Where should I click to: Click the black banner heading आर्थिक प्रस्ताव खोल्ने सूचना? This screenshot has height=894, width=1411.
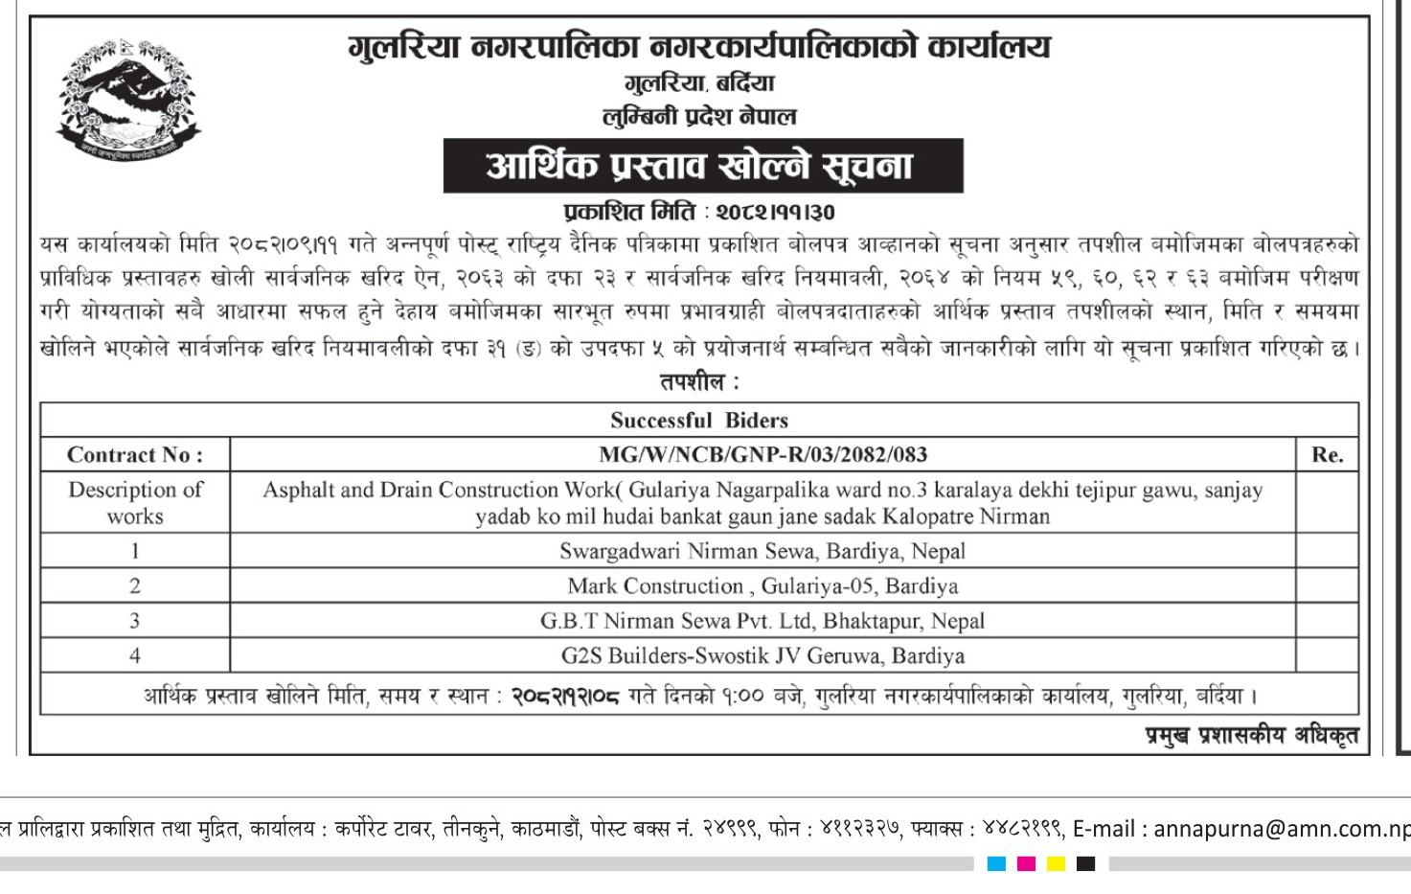[x=702, y=166]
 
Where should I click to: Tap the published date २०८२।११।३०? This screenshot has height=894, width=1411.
[x=775, y=212]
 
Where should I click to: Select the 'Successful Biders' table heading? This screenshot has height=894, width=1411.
[x=698, y=420]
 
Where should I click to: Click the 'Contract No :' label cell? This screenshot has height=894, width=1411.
[x=134, y=455]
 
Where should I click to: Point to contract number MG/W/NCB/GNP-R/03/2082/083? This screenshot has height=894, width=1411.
[x=762, y=455]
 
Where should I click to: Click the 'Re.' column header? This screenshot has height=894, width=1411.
[x=1327, y=455]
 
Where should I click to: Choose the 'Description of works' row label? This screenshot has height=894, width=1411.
[x=134, y=503]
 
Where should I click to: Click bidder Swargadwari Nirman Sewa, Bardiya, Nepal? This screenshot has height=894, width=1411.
[x=762, y=551]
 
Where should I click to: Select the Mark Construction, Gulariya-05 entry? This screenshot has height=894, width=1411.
[x=762, y=585]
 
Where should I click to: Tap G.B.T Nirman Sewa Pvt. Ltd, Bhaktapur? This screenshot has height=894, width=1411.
[x=762, y=621]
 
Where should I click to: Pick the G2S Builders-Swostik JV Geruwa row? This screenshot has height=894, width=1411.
[x=762, y=655]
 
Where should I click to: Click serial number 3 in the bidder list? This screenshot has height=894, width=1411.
[x=134, y=621]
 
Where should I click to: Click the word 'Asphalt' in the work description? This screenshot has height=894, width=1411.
[x=299, y=491]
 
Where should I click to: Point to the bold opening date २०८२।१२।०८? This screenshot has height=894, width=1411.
[x=565, y=697]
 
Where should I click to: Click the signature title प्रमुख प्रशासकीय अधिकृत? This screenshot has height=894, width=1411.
[x=1252, y=736]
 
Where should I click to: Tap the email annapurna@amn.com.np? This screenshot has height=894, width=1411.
[x=1282, y=829]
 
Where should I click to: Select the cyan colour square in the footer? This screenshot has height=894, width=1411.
[x=996, y=864]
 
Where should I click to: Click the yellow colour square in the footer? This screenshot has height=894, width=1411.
[x=1056, y=864]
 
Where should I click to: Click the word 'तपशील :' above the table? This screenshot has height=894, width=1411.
[x=698, y=382]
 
